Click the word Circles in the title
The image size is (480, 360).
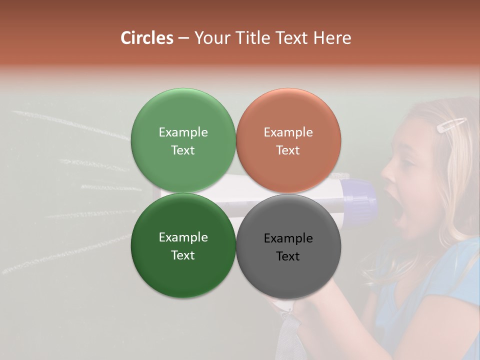coord(147,38)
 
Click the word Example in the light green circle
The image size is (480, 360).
coord(183,132)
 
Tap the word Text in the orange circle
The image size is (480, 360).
coord(288,150)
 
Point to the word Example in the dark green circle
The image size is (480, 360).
coord(183,237)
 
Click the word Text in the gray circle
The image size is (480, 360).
coord(288,256)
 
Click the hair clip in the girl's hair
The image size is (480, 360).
coord(451,125)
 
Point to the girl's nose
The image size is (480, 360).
coord(386,173)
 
